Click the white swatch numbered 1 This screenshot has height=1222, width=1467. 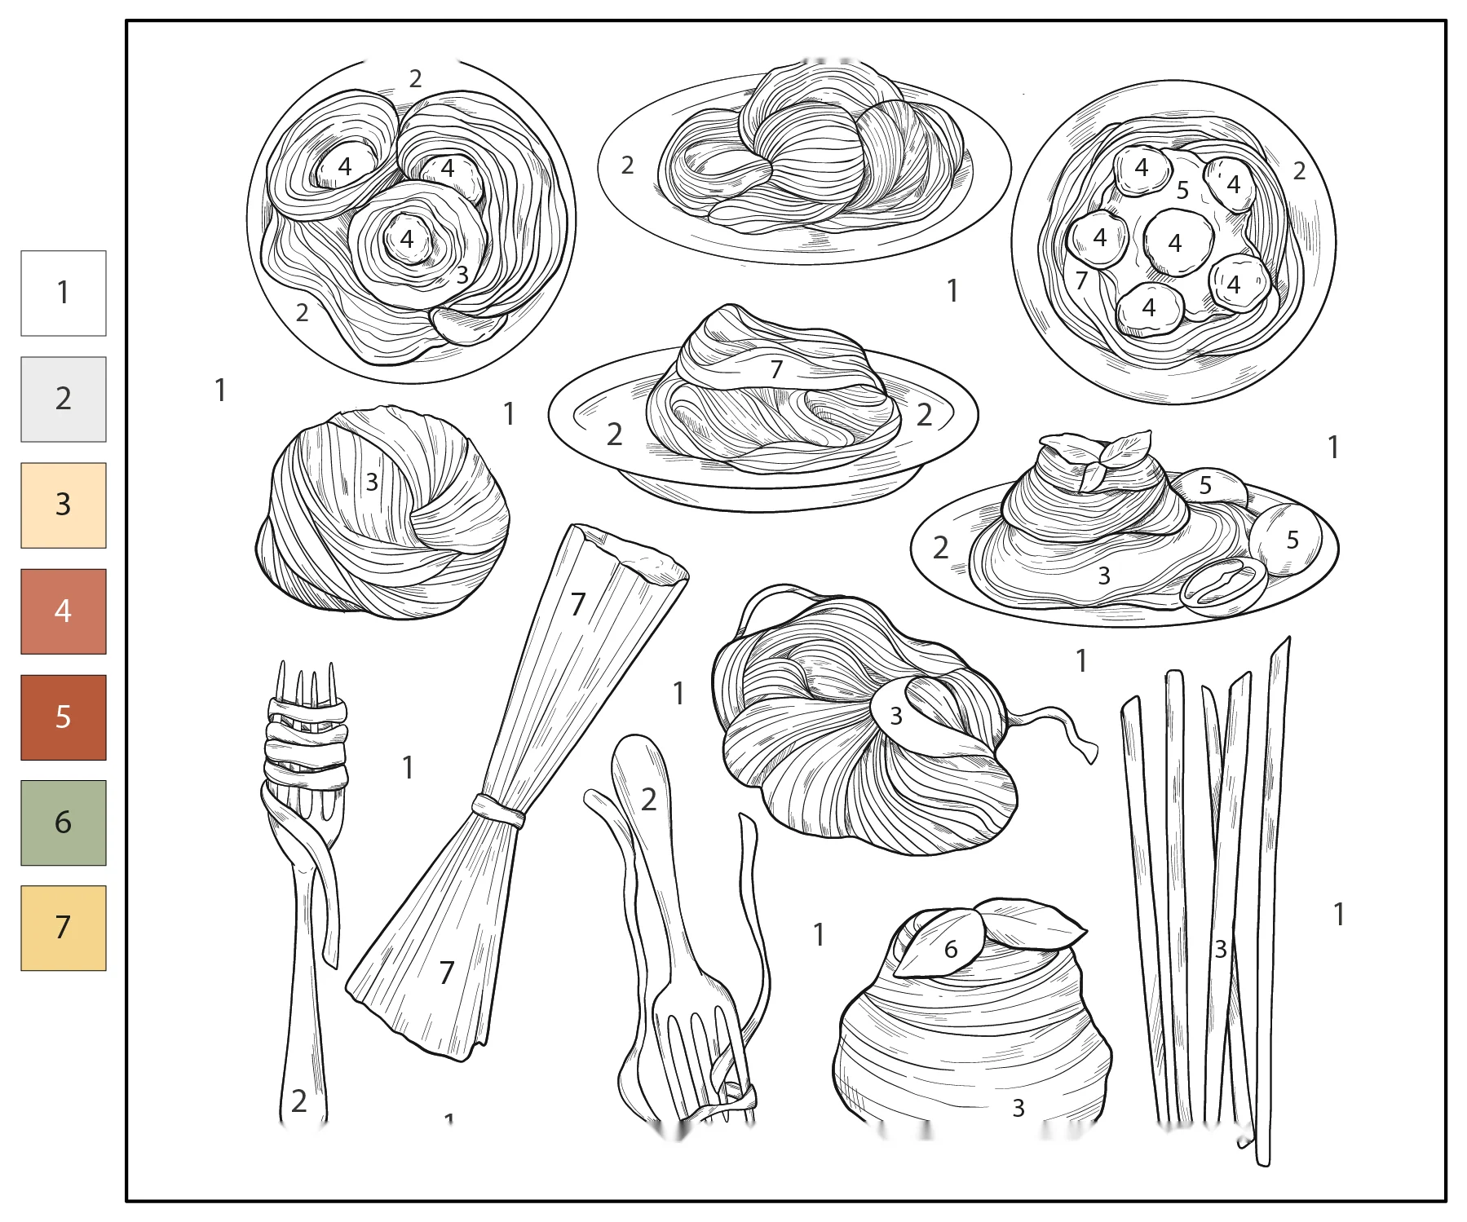click(64, 293)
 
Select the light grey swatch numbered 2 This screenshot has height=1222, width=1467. click(64, 399)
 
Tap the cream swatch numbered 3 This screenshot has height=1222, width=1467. click(64, 505)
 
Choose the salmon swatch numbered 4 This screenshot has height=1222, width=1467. click(64, 611)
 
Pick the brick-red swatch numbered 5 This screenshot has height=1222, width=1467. click(64, 717)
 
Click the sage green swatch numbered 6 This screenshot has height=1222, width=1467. click(64, 823)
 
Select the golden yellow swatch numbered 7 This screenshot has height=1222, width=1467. click(64, 928)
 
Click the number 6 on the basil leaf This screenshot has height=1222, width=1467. click(951, 949)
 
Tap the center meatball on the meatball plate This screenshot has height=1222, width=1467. click(1178, 242)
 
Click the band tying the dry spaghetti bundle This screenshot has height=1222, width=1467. click(498, 811)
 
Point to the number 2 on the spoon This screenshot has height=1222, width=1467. click(648, 800)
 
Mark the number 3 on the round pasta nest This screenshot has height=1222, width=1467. click(372, 482)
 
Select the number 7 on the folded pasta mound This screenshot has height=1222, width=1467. click(776, 369)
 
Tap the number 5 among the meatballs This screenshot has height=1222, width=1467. click(1182, 190)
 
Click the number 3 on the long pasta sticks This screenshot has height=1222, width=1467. click(1221, 949)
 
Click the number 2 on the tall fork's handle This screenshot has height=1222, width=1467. click(299, 1101)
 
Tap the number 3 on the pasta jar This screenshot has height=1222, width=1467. click(1019, 1108)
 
